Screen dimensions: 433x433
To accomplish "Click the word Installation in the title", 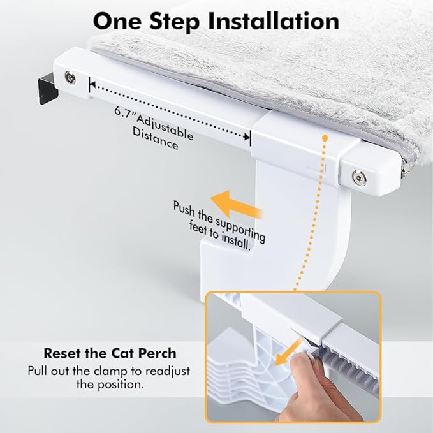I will [x=266, y=21].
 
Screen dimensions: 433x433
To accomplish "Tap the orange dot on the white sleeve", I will [x=325, y=138].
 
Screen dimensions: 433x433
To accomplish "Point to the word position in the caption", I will [x=122, y=385].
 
